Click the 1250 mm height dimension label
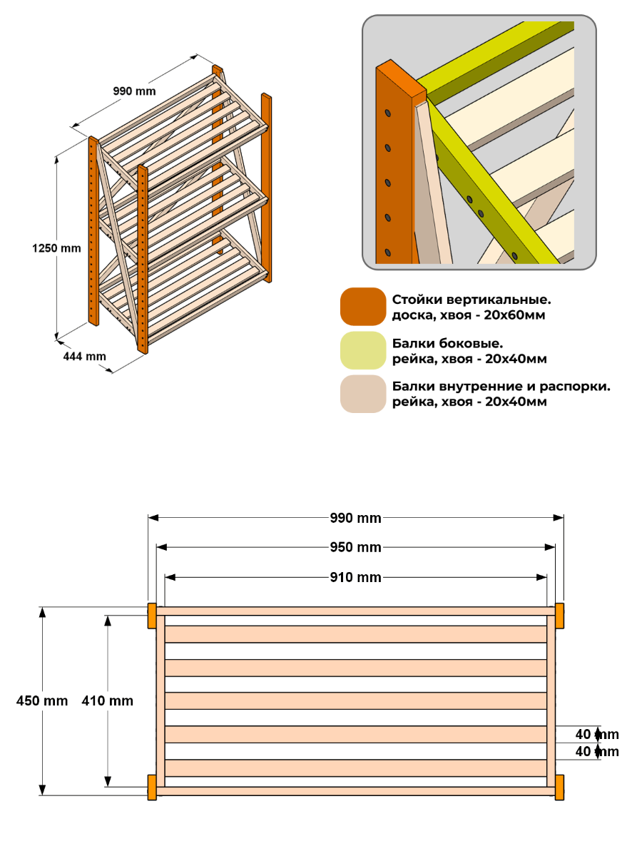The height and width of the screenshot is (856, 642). pyautogui.click(x=56, y=248)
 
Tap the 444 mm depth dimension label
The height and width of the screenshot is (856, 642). pyautogui.click(x=85, y=356)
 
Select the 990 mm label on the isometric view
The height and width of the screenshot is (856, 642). pyautogui.click(x=135, y=91)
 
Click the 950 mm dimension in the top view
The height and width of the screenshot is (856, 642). pyautogui.click(x=355, y=547)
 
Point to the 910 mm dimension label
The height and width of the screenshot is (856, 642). pyautogui.click(x=355, y=577)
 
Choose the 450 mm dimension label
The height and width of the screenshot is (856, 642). pyautogui.click(x=42, y=700)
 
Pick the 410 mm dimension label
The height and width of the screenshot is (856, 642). pyautogui.click(x=108, y=700)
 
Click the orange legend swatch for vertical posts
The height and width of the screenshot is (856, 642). pyautogui.click(x=363, y=307)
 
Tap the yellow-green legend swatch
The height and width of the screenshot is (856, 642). pyautogui.click(x=363, y=350)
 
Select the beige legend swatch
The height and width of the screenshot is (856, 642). pyautogui.click(x=363, y=394)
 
